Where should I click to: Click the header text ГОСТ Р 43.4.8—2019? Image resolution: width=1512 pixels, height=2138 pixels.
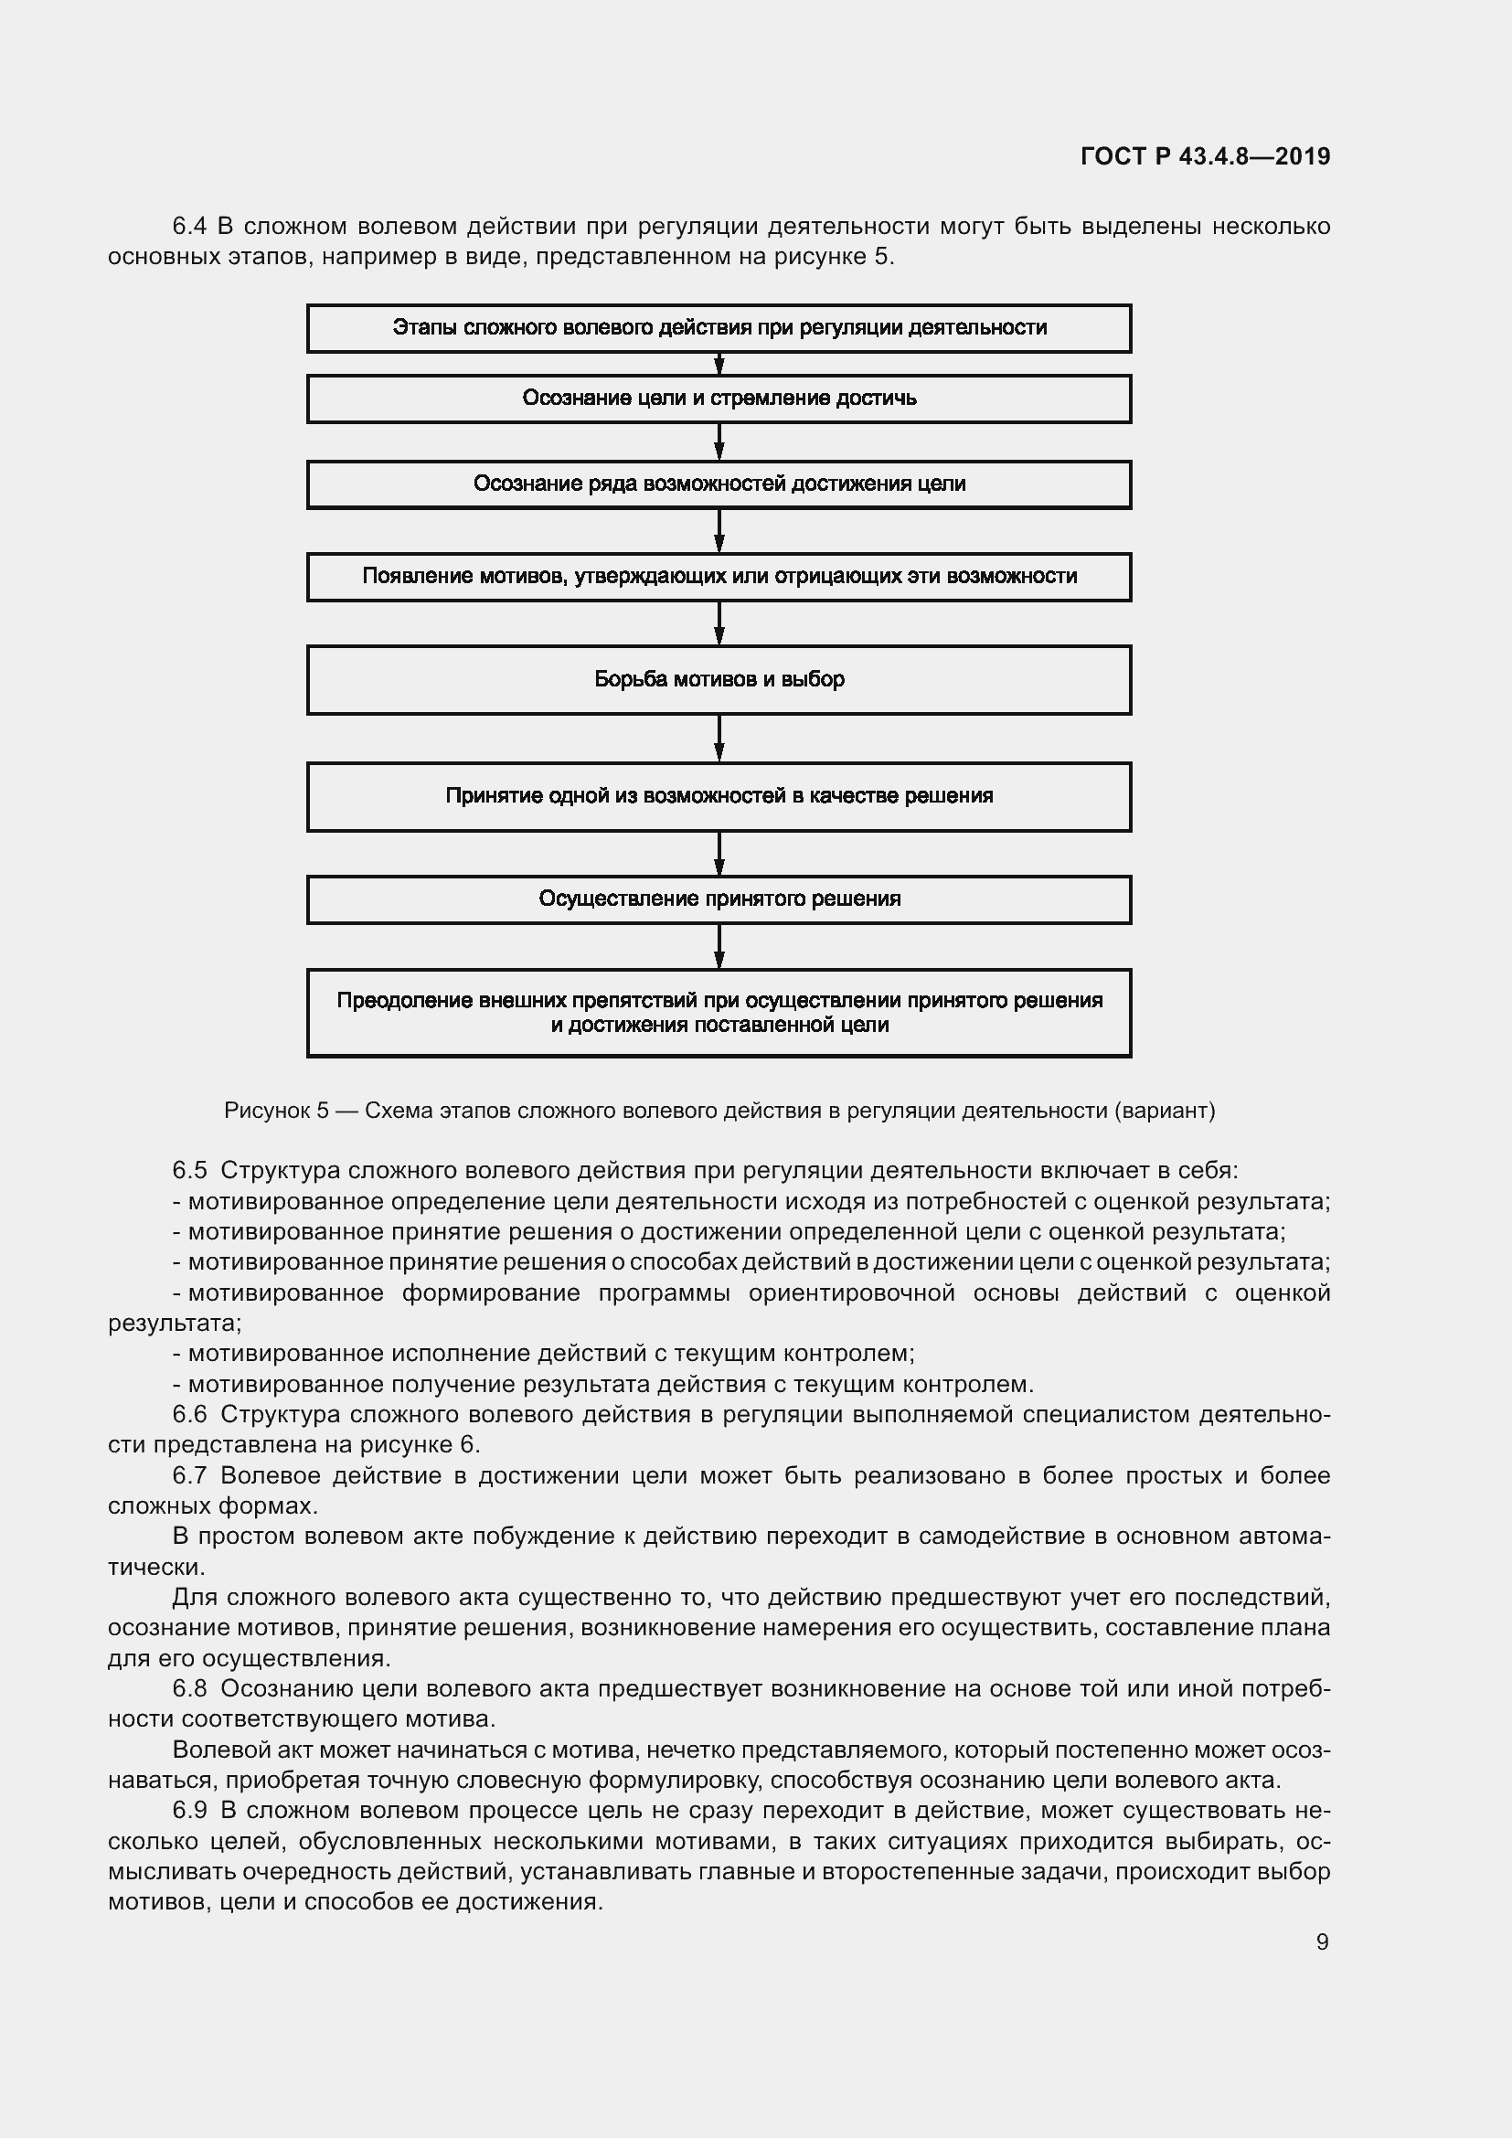coord(1205,156)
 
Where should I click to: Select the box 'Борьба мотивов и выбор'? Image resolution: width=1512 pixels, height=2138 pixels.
coord(719,680)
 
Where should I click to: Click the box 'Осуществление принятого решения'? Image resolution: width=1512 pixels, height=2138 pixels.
coord(719,899)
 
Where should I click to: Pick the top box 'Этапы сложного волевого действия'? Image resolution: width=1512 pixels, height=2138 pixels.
coord(719,328)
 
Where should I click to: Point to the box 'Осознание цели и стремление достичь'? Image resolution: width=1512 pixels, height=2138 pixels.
coord(719,399)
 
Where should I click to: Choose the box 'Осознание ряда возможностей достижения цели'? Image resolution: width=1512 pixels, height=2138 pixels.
coord(719,484)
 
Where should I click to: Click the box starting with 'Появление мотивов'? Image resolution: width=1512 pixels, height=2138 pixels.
coord(719,577)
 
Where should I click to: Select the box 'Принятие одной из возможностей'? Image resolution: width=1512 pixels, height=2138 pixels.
coord(719,796)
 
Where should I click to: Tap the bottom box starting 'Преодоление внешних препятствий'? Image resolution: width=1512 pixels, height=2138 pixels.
coord(719,1013)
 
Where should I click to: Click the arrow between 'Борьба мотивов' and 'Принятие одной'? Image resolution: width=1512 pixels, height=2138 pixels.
coord(719,739)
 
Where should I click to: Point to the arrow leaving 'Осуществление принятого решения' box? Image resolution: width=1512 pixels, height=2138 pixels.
coord(719,946)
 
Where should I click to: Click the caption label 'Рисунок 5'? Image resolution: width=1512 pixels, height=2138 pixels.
coord(276,1111)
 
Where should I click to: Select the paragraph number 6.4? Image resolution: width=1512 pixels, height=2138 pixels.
coord(189,227)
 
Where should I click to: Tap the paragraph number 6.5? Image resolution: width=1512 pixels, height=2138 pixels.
coord(189,1171)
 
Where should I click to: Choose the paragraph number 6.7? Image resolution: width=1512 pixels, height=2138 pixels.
coord(189,1476)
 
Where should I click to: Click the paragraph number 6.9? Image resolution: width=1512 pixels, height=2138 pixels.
coord(189,1811)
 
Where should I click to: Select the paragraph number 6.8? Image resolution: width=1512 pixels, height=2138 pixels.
coord(189,1689)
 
